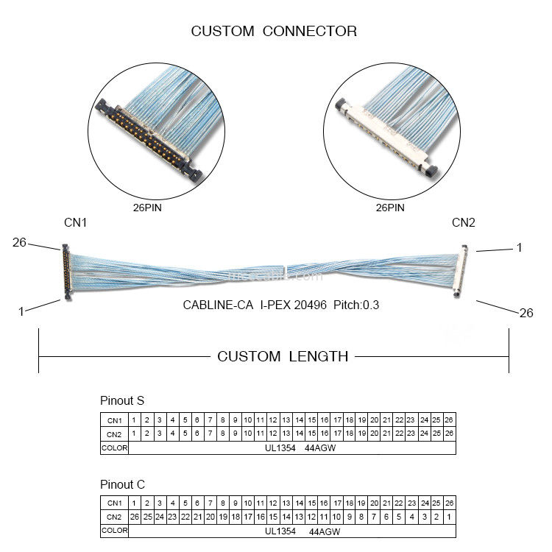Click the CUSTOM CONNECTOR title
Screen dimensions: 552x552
[274, 31]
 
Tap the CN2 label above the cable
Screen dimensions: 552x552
[464, 222]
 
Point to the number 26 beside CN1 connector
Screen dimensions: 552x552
[19, 242]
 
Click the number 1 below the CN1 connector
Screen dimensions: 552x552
[21, 311]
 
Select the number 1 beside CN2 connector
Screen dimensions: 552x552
[519, 248]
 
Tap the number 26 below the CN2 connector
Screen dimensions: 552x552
[526, 313]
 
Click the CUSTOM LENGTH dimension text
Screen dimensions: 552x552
[283, 357]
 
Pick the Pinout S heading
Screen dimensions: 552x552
[122, 401]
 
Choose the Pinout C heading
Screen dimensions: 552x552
[122, 485]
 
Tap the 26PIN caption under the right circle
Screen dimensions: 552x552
[390, 208]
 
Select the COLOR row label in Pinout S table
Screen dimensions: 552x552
[114, 447]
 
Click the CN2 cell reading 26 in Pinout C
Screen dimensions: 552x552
[134, 517]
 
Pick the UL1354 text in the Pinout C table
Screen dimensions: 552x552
[280, 531]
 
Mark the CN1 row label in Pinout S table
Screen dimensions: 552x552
[114, 420]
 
